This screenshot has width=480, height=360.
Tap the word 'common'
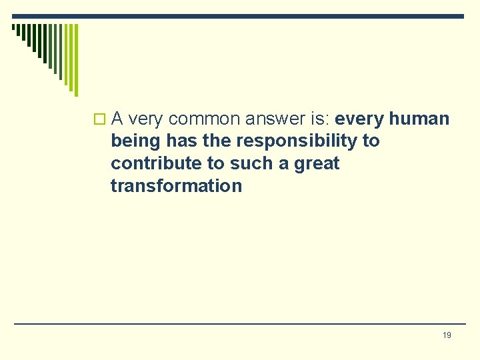click(x=204, y=119)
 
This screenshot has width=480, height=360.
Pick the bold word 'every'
click(x=359, y=119)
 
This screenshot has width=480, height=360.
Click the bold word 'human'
click(x=419, y=119)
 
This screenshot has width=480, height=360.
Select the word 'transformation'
click(x=176, y=185)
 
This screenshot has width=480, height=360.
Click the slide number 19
click(x=447, y=335)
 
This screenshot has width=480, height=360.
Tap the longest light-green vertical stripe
click(x=75, y=60)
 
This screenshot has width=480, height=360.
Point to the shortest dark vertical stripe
click(x=13, y=29)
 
